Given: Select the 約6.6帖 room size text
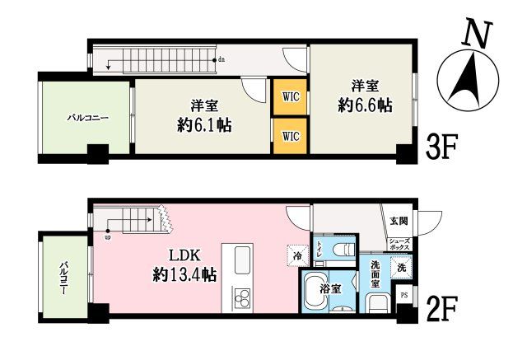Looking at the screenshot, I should point(364,105).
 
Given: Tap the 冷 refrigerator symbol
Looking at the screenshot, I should point(296,255).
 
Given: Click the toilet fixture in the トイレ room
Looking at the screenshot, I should point(345,249).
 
